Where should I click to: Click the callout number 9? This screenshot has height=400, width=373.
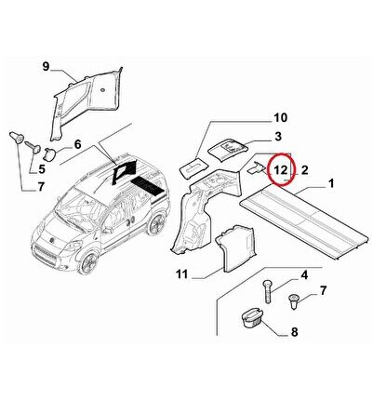coord(46,66)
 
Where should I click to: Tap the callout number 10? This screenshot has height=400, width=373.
coord(280,118)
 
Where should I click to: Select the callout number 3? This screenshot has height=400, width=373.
coord(278,136)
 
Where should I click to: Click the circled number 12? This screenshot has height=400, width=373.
coord(280,169)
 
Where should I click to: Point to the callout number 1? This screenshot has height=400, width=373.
coord(331,183)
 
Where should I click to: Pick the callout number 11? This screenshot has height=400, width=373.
coord(182,274)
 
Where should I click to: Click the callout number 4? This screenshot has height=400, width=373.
coord(304,275)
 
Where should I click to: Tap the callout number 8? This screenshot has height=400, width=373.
coord(294,332)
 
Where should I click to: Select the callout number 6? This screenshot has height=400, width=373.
coord(77,144)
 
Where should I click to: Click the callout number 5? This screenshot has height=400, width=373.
coord(42,169)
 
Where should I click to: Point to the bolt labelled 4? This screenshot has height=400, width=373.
coord(268,291)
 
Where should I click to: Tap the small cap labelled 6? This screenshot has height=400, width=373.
coord(50,154)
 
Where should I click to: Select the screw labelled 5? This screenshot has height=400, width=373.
coord(33,146)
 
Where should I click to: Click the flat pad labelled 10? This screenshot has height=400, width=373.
coord(193,167)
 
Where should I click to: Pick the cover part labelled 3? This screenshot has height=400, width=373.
coord(228,150)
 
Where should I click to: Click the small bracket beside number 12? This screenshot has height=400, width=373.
coord(257,167)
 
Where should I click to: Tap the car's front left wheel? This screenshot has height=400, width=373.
coord(88,262)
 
